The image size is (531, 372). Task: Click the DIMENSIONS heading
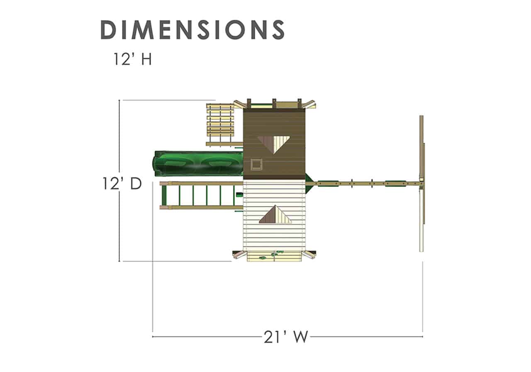coord(192,29)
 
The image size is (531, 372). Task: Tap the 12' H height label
coord(132,59)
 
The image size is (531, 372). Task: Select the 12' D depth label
coord(122,184)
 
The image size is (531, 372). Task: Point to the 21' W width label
coord(286,337)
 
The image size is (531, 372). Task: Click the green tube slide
coord(198,164)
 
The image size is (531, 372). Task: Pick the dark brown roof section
coord(274,144)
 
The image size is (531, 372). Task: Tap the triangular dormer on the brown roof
coord(273,144)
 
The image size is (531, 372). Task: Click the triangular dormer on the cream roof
coord(275,215)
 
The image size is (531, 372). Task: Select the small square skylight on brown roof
coord(256,164)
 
